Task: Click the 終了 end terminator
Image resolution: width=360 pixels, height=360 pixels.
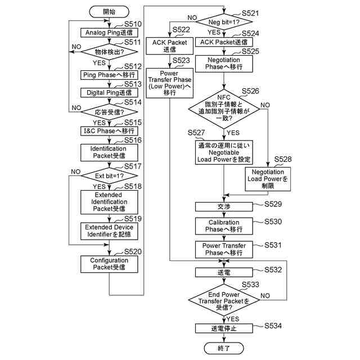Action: pos(224,348)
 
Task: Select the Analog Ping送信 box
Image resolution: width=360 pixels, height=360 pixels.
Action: pos(109,33)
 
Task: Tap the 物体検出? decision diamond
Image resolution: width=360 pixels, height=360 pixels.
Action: pos(109,52)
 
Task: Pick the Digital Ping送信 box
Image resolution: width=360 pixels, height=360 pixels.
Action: pos(109,92)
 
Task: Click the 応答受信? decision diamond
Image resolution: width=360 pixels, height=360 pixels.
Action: pos(109,111)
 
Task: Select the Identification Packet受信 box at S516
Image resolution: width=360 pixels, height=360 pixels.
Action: pos(109,152)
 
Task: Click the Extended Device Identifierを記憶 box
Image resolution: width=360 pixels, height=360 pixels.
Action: pos(109,231)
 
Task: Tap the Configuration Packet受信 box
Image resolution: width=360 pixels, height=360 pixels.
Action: pos(109,264)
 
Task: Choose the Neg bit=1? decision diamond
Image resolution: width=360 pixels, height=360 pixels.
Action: pos(224,22)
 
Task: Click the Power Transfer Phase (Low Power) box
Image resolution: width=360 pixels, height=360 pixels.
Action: pos(170,83)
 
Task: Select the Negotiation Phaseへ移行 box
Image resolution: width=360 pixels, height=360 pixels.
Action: pos(224,63)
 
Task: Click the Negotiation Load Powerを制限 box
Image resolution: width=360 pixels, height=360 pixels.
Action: pos(268,179)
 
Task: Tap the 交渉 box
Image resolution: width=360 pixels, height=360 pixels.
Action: pos(224,206)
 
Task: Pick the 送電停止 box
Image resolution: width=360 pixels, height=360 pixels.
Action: pos(224,328)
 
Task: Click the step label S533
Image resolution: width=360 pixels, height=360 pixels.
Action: pos(250,285)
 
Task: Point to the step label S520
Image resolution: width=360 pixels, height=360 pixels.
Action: pos(133,251)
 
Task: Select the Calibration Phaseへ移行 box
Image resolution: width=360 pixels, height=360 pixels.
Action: pos(224,226)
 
